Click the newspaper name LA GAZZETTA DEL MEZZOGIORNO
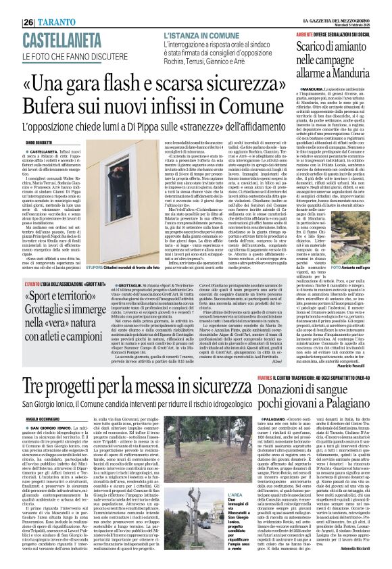334,4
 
